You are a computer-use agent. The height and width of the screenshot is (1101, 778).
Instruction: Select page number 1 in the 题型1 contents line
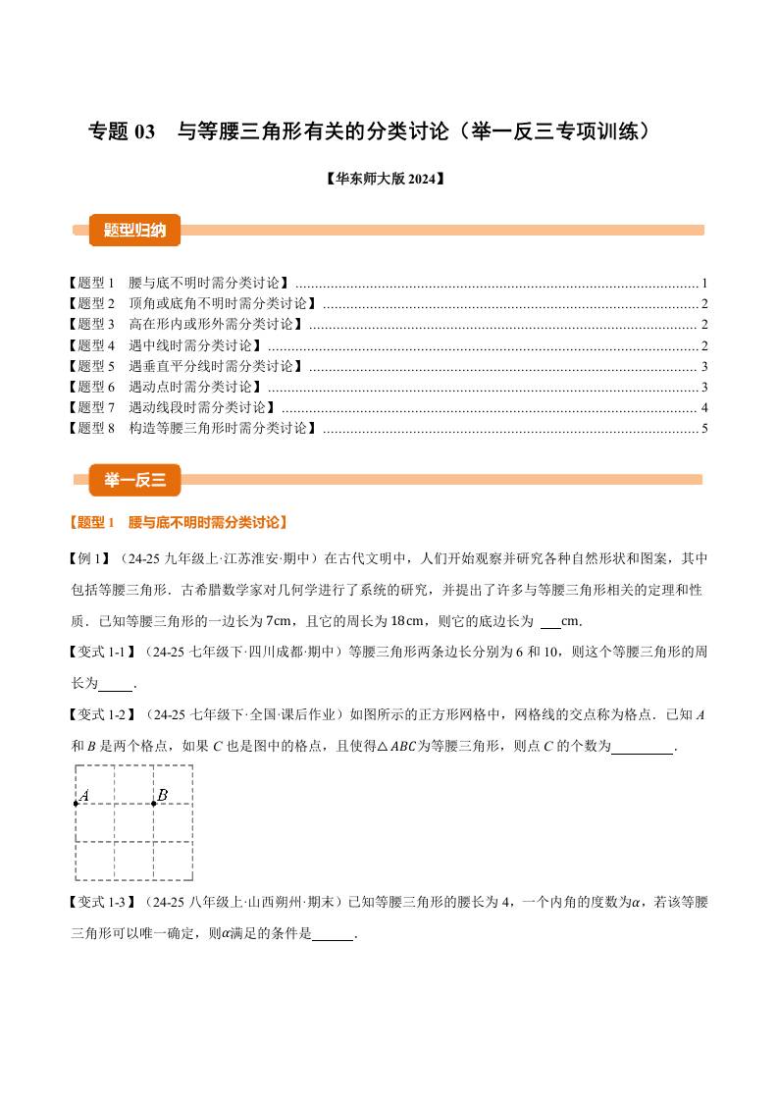pos(704,282)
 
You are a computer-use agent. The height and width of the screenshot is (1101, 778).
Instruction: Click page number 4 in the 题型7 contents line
pos(704,407)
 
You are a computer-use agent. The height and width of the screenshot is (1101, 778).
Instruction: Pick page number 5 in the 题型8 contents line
pos(704,428)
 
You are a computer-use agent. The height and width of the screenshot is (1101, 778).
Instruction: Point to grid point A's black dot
pos(77,804)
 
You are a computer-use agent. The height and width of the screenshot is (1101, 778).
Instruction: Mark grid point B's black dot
pos(154,804)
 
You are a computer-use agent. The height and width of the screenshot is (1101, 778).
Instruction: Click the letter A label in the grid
pos(85,795)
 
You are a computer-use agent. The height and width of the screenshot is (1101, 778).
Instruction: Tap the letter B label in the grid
pos(163,795)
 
